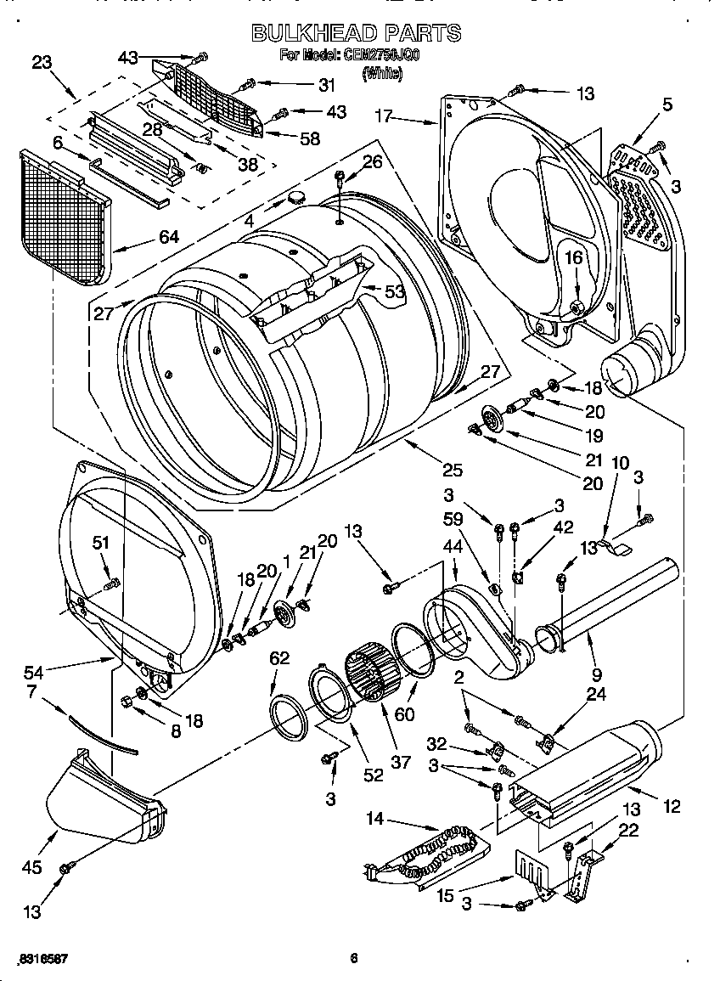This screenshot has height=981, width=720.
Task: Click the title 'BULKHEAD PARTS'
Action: coord(357,33)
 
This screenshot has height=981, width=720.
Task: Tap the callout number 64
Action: coord(168,237)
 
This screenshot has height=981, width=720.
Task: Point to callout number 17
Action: coord(383,116)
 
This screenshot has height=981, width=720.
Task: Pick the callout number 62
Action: coord(279,657)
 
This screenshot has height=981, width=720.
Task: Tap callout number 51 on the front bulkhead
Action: coord(101,544)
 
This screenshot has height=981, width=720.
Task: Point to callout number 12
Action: coord(672,807)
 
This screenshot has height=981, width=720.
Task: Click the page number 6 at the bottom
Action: coord(354,959)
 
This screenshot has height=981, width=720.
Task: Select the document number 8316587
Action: coord(42,959)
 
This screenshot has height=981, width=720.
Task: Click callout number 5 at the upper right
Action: coord(667,105)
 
